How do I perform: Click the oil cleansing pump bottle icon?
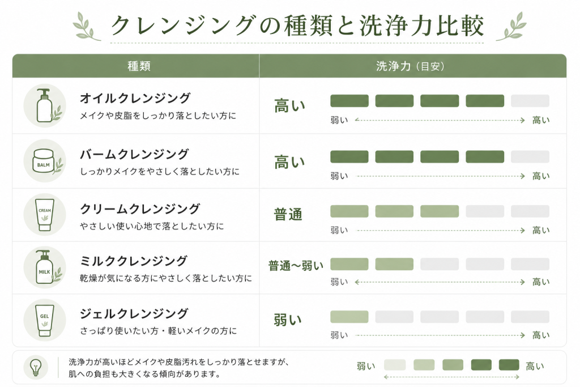tap(45, 105)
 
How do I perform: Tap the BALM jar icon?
tap(45, 161)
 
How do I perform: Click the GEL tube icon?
tap(45, 320)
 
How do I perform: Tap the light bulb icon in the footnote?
tap(36, 368)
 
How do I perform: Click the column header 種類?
tap(139, 66)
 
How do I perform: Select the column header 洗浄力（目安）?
tap(410, 66)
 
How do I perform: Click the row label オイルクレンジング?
tap(135, 98)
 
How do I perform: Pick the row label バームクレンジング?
tap(134, 154)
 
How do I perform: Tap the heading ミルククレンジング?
tap(134, 261)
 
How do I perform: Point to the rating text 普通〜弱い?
tap(296, 266)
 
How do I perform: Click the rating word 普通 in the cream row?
tap(288, 214)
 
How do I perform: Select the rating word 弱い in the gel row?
tap(288, 320)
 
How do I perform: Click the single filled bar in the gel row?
tap(349, 317)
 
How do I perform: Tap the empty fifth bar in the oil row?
tap(530, 101)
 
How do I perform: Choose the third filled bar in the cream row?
tap(440, 211)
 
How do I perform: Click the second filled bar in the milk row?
tap(394, 264)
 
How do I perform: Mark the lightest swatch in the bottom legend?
tap(395, 365)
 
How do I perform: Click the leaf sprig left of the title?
tap(86, 26)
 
